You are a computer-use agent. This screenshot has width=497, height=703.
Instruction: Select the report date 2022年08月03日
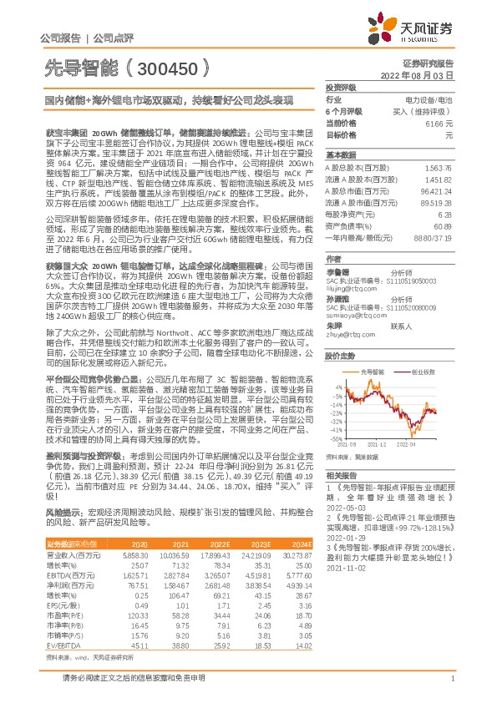(x=424, y=74)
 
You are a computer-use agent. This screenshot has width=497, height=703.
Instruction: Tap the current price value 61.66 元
(x=439, y=122)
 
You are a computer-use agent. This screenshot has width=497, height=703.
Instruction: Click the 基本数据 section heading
(x=340, y=155)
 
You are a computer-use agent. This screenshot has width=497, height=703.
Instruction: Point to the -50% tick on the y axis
(x=336, y=438)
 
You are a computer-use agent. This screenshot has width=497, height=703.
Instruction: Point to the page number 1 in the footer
(x=452, y=689)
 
